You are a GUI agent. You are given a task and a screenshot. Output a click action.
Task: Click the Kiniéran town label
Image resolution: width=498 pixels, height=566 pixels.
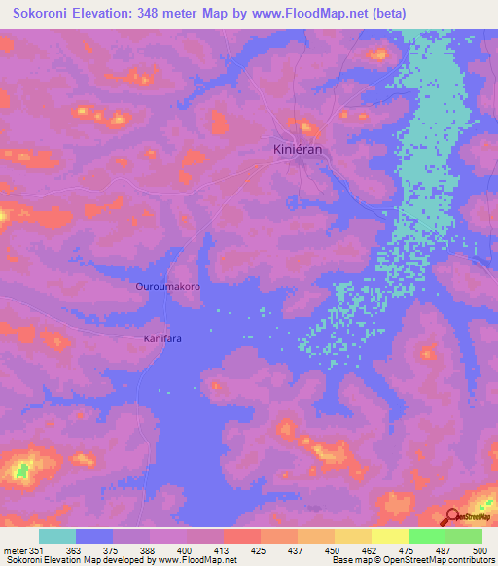point(298,150)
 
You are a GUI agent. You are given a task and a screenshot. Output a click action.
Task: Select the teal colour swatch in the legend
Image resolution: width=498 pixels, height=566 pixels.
point(57,536)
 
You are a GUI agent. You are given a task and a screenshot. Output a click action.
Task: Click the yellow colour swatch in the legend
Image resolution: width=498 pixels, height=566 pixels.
point(389,536)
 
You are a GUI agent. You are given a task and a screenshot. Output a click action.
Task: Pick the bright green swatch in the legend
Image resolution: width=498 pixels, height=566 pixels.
point(426,536)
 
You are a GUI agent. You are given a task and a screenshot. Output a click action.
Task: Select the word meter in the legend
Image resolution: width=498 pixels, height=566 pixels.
point(17,550)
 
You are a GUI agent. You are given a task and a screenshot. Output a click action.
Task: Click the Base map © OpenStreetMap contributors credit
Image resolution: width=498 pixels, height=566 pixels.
point(412,560)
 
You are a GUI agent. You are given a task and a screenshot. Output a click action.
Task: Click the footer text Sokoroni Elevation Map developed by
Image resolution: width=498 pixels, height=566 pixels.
point(68,560)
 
